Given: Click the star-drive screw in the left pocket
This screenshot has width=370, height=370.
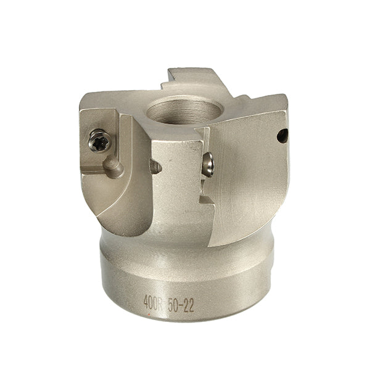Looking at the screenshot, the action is (x=99, y=141).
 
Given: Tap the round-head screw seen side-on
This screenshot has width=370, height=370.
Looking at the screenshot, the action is (x=208, y=165).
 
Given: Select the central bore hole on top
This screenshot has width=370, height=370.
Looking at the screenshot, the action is (x=185, y=111).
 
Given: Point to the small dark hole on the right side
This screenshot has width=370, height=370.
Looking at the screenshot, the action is (x=282, y=136).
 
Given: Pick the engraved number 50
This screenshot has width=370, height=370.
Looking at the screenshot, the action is (x=174, y=305).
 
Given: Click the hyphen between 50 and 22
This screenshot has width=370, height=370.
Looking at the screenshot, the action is (x=181, y=305).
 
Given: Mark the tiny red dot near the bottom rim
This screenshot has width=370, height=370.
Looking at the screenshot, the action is (x=149, y=314).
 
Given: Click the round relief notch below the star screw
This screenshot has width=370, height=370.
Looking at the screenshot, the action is (x=113, y=166).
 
